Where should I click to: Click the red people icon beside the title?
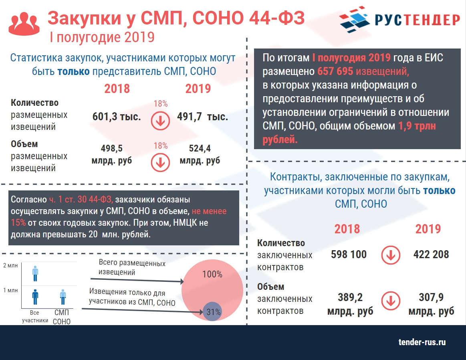24,24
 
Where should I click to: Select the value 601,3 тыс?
117,117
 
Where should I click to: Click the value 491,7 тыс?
202,117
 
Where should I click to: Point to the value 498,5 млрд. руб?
112,154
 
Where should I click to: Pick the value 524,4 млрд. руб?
200,154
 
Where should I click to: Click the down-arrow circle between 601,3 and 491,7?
160,121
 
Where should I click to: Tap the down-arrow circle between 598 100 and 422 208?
391,255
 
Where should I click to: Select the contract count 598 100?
349,255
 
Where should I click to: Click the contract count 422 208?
431,255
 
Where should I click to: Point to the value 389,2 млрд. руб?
350,304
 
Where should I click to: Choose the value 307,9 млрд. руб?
431,304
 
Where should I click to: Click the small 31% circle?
212,311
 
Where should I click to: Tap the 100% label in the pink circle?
212,274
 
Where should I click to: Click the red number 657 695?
335,71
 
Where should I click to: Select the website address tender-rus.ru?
422,342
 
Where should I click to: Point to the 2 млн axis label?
10,265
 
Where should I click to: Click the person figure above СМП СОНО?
63,297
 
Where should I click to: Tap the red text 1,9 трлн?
417,126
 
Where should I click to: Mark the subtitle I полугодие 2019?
102,37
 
